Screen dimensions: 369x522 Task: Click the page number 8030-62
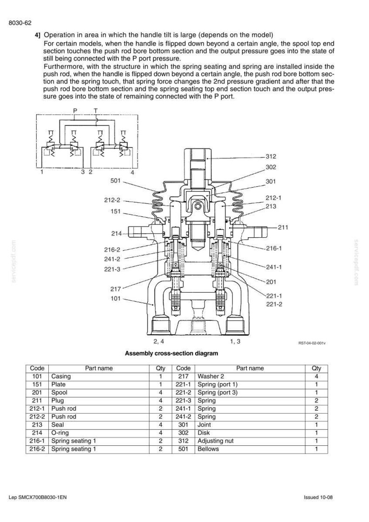point(20,23)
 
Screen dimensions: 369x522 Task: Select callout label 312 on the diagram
point(271,157)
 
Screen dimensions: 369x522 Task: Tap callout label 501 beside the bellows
point(116,181)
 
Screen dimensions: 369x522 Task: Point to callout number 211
point(283,228)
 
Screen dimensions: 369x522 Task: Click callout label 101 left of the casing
point(116,298)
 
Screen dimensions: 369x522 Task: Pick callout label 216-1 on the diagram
point(274,248)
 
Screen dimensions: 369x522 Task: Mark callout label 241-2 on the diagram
point(112,259)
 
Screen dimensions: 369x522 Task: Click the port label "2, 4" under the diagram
point(158,341)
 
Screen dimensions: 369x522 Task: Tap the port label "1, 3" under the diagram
point(235,341)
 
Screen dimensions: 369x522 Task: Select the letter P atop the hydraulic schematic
point(75,110)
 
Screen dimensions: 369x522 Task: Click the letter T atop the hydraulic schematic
point(96,110)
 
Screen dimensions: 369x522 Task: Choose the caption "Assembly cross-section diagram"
point(171,353)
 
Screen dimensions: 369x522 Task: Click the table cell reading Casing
point(61,376)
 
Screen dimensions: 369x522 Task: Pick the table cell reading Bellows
point(208,449)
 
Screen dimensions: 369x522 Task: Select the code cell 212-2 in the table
point(37,417)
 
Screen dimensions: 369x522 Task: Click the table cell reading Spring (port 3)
point(217,392)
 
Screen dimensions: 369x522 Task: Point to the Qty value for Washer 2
point(316,376)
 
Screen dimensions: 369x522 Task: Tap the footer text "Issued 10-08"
point(318,497)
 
